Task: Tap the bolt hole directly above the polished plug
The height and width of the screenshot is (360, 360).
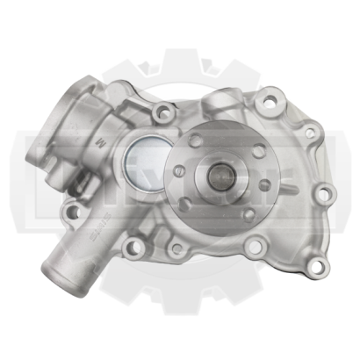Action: (x=162, y=112)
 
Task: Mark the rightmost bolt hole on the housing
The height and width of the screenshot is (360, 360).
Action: (x=323, y=192)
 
